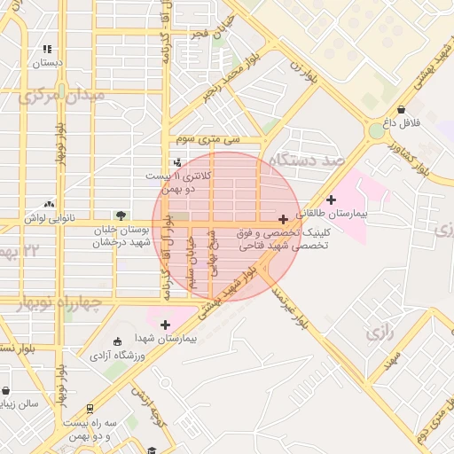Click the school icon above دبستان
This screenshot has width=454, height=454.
pos(47,50)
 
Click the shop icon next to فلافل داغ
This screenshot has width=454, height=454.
pos(401,109)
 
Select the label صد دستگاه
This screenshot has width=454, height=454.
pos(308,160)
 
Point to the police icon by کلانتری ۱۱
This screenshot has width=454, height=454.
pos(178,162)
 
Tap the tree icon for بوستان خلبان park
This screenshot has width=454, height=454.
pos(121,215)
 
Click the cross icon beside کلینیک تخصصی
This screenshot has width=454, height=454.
pos(283,218)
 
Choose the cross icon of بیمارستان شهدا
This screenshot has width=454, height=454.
pos(166,325)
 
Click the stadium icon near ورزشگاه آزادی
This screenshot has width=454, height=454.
pos(118,341)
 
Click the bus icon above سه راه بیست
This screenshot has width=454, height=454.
pos(90,408)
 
